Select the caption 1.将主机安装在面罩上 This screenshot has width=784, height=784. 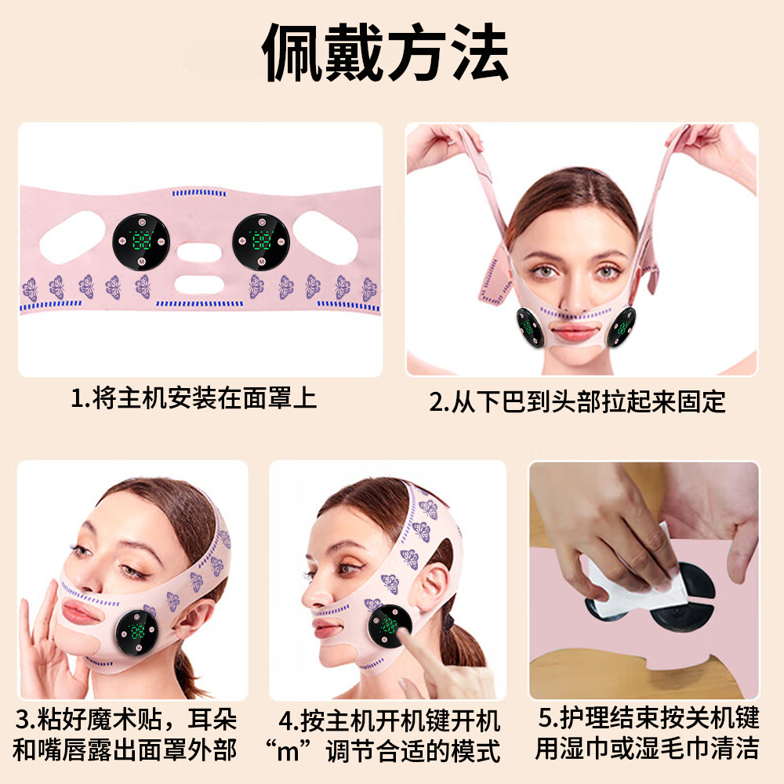tap(194, 398)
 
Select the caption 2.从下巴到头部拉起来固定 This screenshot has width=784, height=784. tap(577, 402)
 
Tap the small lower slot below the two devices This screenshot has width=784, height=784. tap(201, 283)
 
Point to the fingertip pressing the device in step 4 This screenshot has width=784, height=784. tap(401, 628)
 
